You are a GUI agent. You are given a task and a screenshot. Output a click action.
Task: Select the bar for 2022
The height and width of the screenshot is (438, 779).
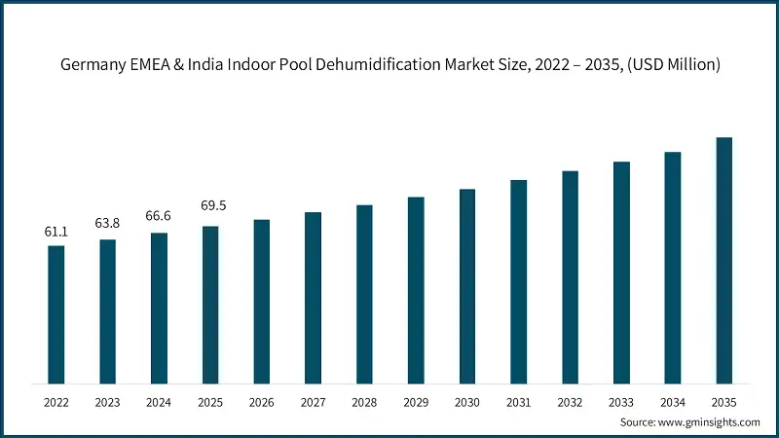pyautogui.click(x=56, y=314)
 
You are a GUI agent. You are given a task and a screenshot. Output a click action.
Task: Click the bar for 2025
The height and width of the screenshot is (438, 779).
pyautogui.click(x=210, y=305)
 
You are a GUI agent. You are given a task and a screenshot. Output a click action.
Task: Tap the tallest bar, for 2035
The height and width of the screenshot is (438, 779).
pyautogui.click(x=724, y=260)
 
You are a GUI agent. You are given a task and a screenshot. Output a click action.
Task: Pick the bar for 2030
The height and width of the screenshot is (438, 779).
pyautogui.click(x=467, y=286)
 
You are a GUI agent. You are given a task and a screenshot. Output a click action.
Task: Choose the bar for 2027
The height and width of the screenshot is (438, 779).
pyautogui.click(x=313, y=298)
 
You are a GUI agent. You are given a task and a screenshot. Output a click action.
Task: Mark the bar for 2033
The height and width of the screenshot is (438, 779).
pyautogui.click(x=621, y=273)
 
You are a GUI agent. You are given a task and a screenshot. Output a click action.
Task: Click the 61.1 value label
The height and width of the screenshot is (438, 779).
pyautogui.click(x=56, y=232)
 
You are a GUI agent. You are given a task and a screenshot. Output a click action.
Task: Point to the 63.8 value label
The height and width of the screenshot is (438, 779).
pyautogui.click(x=108, y=223)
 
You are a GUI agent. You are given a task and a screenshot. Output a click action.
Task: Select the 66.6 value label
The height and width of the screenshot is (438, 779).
pyautogui.click(x=159, y=216)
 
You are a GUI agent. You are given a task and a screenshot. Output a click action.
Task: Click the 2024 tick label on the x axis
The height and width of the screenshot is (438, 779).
pyautogui.click(x=159, y=401)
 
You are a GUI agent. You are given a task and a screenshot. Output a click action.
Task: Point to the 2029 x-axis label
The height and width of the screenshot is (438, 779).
pyautogui.click(x=416, y=401)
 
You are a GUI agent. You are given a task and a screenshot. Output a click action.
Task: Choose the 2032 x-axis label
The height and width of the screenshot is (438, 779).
pyautogui.click(x=570, y=401)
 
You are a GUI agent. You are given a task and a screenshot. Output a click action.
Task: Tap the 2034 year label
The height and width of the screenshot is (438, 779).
pyautogui.click(x=673, y=401)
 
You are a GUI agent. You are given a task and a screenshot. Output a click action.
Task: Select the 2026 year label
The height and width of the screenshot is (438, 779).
pyautogui.click(x=262, y=401)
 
